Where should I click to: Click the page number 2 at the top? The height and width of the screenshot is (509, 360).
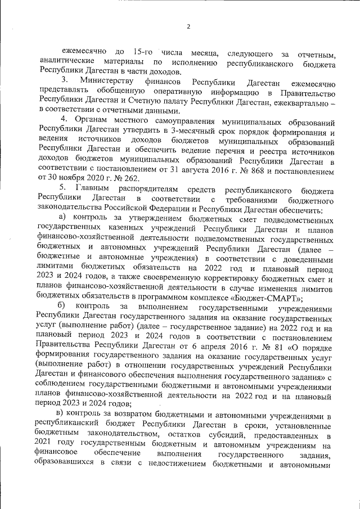coord(189,26)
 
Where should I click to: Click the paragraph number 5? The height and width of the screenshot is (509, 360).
coord(64,191)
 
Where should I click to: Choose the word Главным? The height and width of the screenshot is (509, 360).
coord(93,191)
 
